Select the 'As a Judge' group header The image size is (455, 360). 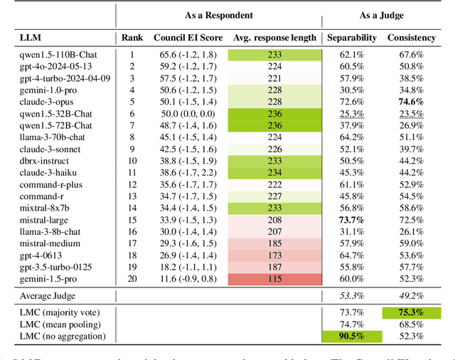point(380,15)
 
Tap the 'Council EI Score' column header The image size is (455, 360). point(185,36)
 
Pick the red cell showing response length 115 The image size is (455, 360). point(274,278)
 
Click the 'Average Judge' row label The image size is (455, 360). point(48,295)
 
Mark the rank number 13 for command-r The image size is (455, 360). point(132,195)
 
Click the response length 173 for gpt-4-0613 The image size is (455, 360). point(274,255)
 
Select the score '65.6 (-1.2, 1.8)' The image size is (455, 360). point(185,53)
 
